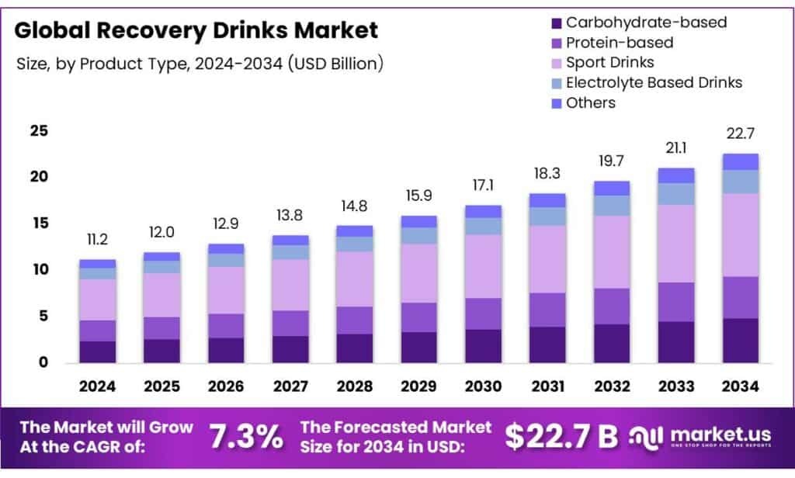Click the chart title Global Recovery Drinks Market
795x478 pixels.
click(196, 31)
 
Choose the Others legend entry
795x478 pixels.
click(590, 102)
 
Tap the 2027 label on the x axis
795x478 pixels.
click(290, 386)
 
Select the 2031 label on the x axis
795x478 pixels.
click(547, 386)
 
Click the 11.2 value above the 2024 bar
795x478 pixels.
click(97, 239)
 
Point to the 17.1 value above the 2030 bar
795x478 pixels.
click(483, 185)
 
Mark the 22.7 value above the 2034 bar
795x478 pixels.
click(740, 133)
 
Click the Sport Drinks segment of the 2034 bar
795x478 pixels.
click(740, 234)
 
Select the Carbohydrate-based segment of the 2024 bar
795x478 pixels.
click(97, 352)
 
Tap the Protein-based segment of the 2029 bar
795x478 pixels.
click(418, 317)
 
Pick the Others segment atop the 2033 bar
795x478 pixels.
click(675, 175)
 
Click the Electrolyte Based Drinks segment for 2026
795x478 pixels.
click(226, 260)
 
